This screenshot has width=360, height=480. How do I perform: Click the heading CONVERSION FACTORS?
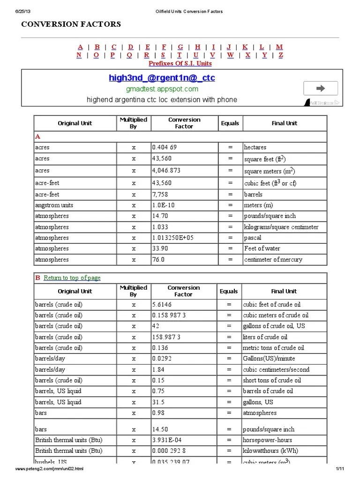(71, 24)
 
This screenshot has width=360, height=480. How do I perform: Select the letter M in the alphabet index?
(279, 47)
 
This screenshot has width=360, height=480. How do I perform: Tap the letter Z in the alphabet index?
(281, 55)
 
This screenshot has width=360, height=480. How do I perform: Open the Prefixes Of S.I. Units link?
(180, 63)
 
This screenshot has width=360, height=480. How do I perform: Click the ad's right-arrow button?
(321, 88)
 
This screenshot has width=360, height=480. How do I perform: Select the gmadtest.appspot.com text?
(162, 89)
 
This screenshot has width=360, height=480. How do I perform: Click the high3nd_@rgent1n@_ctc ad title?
(162, 78)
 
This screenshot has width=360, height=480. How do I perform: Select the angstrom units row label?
(54, 205)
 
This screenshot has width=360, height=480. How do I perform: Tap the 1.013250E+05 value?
(172, 238)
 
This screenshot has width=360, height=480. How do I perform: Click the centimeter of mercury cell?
(273, 260)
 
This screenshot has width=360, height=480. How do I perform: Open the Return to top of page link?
(72, 278)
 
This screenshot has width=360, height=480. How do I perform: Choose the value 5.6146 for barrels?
(162, 305)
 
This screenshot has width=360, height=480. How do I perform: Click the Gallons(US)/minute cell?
(269, 359)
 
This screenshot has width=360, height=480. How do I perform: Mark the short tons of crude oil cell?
(271, 381)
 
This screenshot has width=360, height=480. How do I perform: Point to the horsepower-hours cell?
(267, 440)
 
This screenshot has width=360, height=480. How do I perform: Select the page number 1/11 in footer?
(340, 469)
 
